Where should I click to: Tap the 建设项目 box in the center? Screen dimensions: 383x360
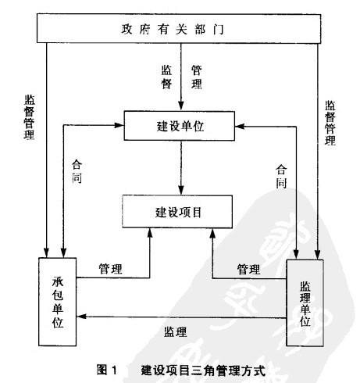click(179, 210)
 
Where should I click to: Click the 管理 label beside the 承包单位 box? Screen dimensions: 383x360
click(110, 268)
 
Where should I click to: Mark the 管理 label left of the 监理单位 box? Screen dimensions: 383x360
click(248, 269)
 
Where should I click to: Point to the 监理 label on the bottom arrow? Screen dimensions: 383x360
click(175, 331)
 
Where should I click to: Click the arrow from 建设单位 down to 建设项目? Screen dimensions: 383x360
click(180, 167)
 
